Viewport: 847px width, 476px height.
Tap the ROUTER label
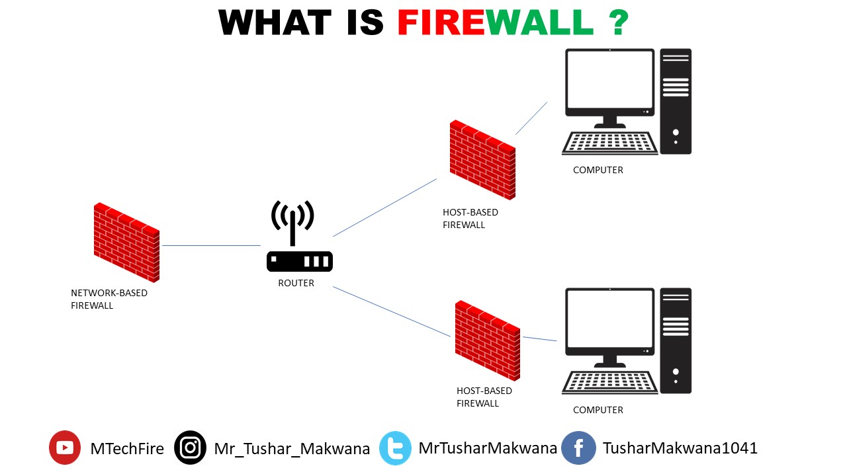tap(296, 283)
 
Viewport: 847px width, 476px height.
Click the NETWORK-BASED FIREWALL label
tap(109, 299)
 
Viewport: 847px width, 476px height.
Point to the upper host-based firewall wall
tap(482, 159)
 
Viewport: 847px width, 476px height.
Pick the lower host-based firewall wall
tap(488, 340)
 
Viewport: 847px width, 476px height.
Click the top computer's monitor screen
tap(609, 82)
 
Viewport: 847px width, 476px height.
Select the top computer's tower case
tap(676, 101)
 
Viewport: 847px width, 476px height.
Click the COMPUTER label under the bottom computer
tap(598, 410)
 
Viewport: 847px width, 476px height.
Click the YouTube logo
tap(65, 448)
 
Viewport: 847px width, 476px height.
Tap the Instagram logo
tap(191, 448)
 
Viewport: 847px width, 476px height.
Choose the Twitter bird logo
tap(396, 448)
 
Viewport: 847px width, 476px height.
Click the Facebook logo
tap(578, 448)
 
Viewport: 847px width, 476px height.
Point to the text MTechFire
tap(127, 448)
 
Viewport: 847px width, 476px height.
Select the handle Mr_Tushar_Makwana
tap(292, 449)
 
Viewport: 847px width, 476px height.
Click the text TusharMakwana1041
tap(680, 448)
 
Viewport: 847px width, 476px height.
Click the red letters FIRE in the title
tap(441, 23)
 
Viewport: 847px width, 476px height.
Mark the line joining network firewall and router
tap(211, 245)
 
